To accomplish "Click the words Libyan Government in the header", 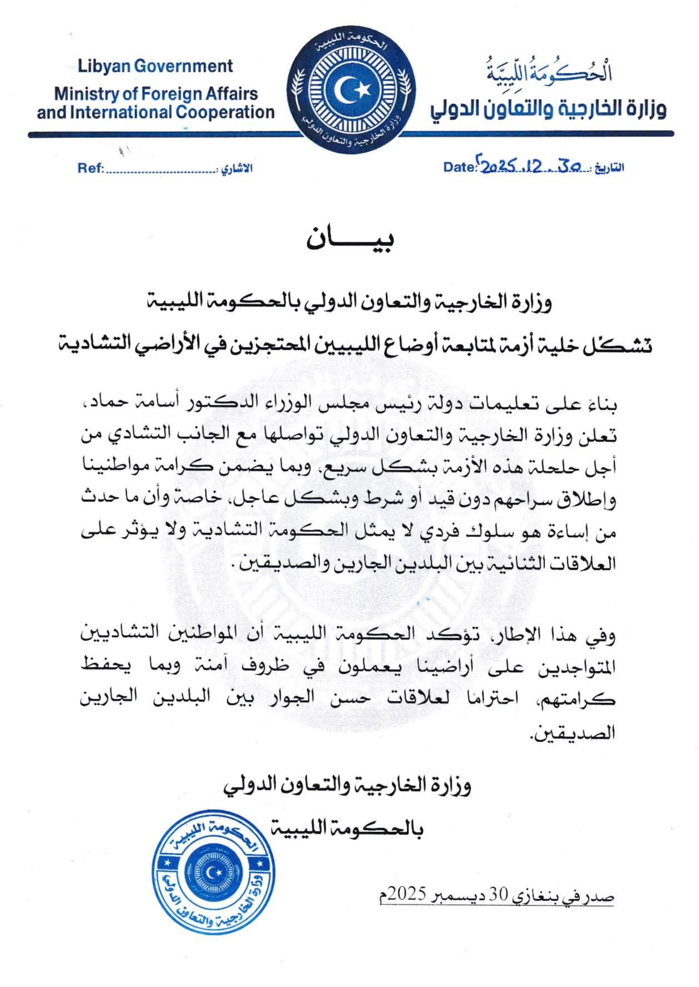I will click(x=155, y=66).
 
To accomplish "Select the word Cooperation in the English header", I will click(x=225, y=112).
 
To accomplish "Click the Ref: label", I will click(x=88, y=168).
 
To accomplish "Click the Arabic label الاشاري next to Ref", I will click(x=237, y=168).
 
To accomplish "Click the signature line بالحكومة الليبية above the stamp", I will click(x=348, y=829).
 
